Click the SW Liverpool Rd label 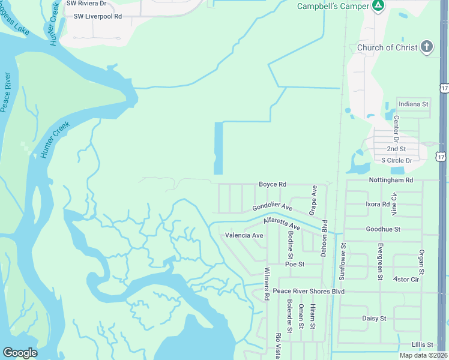[97, 16]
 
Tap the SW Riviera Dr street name [87, 3]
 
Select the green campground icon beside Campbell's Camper [378, 6]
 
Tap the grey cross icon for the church [427, 47]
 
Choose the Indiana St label [413, 104]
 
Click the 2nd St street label [396, 148]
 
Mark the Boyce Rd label [273, 184]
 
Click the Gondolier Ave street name [272, 207]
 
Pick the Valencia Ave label [244, 235]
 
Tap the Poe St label [295, 264]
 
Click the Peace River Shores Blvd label [309, 291]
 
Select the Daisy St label [374, 318]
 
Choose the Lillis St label [423, 344]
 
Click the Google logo [20, 353]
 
